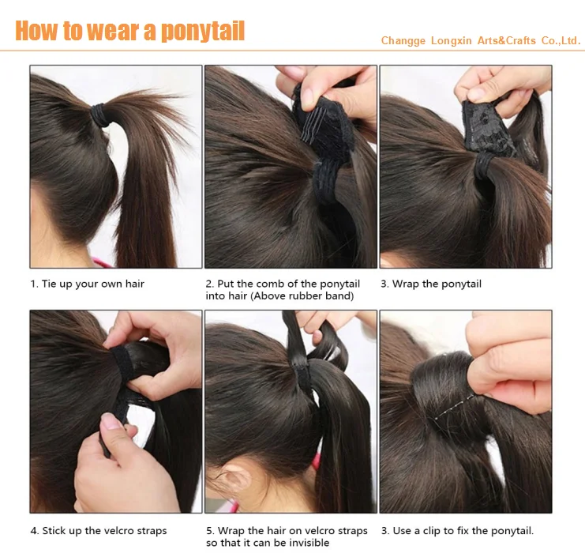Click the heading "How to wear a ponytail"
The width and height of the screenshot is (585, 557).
pyautogui.click(x=130, y=31)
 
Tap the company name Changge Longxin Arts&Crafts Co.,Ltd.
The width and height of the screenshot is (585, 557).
pyautogui.click(x=481, y=40)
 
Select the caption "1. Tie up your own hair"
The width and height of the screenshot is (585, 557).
pyautogui.click(x=87, y=284)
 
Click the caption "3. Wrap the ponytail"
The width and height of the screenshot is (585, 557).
pyautogui.click(x=430, y=284)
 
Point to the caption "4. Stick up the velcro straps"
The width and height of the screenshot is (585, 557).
pyautogui.click(x=99, y=531)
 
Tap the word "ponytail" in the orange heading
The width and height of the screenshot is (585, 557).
pyautogui.click(x=202, y=31)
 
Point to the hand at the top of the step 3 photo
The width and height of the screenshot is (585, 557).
pyautogui.click(x=501, y=85)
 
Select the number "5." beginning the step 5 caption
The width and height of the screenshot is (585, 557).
pyautogui.click(x=211, y=531)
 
